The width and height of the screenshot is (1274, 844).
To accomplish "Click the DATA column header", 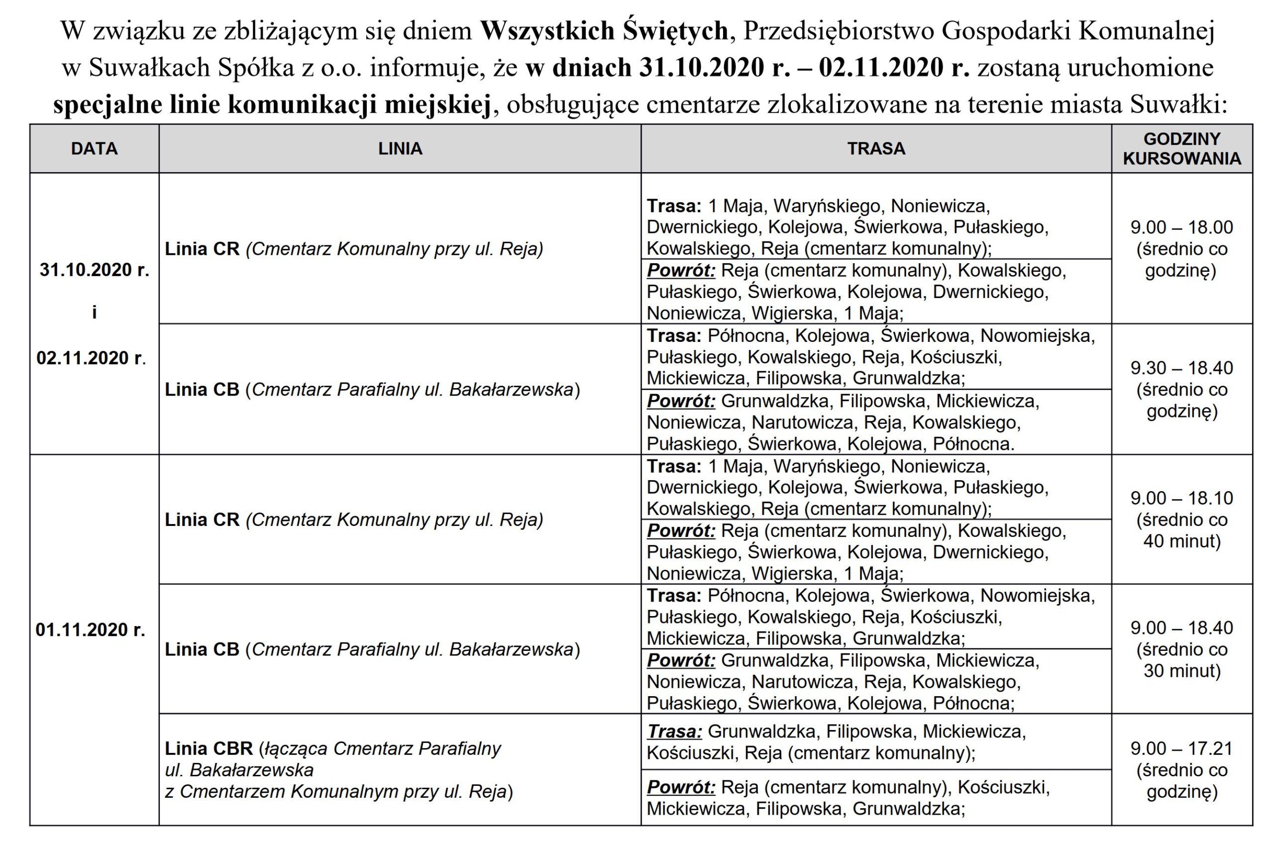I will (x=94, y=149).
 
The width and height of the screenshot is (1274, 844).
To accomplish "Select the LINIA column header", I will (x=400, y=149).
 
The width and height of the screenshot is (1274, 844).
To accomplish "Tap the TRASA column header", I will (x=876, y=149).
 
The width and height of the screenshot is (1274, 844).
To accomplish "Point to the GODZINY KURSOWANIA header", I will (x=1181, y=149).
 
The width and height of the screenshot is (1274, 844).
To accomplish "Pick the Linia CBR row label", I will (x=209, y=748).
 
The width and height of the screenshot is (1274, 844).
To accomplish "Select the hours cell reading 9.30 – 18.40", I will (x=1181, y=368).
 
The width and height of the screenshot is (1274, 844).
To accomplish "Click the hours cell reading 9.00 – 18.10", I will (x=1181, y=498).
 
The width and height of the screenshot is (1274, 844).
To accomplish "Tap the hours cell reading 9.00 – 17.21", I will (x=1181, y=748).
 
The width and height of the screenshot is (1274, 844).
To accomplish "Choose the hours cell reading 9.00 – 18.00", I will (x=1181, y=227).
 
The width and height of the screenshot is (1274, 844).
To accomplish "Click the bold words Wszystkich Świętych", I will (x=604, y=31).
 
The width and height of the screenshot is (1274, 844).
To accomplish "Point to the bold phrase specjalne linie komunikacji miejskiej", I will (x=272, y=105).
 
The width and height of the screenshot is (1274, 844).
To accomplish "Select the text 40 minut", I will (x=1181, y=541).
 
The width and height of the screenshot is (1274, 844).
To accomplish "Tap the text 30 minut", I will (x=1181, y=671).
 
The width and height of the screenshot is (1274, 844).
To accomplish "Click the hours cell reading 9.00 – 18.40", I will (x=1181, y=628).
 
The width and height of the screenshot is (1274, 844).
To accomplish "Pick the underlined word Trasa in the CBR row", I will (x=674, y=732).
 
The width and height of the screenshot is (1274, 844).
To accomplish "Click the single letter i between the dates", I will (x=94, y=313).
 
